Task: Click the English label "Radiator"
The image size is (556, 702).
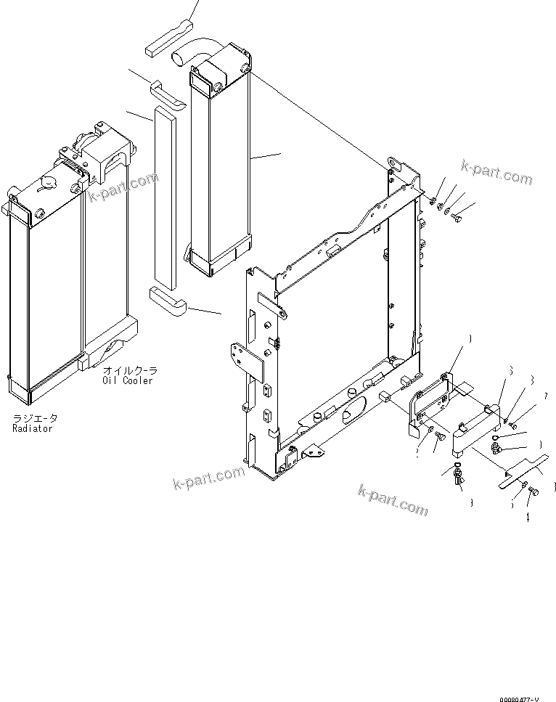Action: pos(33,428)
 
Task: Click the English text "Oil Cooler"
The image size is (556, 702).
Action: pos(128,380)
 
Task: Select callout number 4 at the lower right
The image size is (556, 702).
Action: pos(528,518)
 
